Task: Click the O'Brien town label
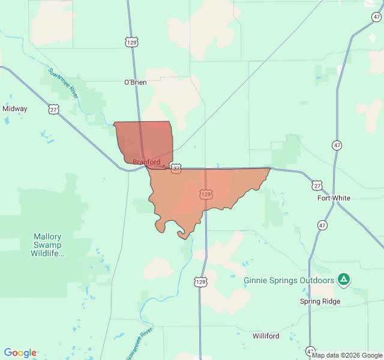click(x=135, y=82)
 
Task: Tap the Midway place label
click(x=15, y=109)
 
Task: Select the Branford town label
click(x=146, y=162)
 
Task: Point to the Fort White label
click(x=334, y=198)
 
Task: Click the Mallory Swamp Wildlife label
click(x=47, y=245)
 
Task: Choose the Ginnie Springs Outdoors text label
click(x=289, y=280)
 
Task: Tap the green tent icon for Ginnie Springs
click(x=343, y=279)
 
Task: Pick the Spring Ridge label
click(x=320, y=301)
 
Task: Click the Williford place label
click(x=266, y=335)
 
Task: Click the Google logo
click(x=20, y=353)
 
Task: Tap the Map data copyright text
click(x=346, y=355)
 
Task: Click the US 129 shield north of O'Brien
click(x=132, y=42)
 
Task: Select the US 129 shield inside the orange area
click(x=206, y=194)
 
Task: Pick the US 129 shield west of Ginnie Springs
click(x=200, y=281)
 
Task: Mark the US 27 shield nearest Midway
click(x=54, y=109)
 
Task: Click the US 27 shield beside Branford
click(x=176, y=169)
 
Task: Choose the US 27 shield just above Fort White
click(x=317, y=185)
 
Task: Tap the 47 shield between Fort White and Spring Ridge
click(x=323, y=225)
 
